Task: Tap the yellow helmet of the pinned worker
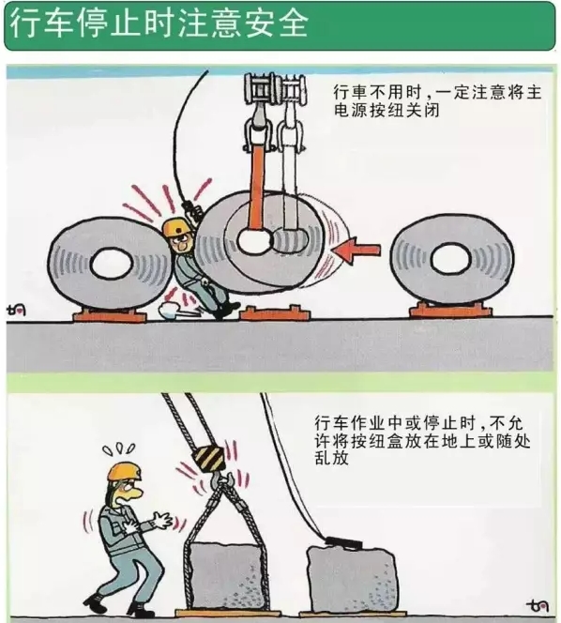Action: coord(174,228)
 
